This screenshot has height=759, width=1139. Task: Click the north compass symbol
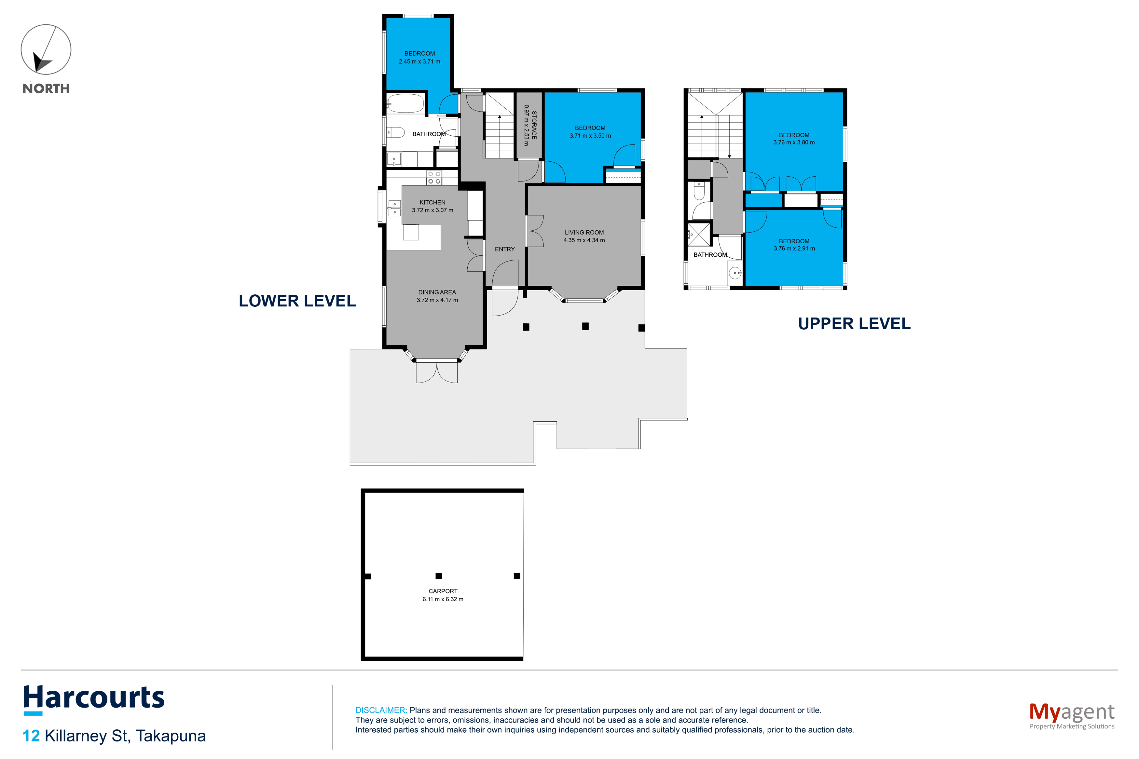tap(46, 50)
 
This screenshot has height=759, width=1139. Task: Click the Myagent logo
tap(1072, 715)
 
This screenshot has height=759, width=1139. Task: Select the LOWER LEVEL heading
tap(297, 301)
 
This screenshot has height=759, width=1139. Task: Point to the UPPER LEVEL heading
tap(854, 323)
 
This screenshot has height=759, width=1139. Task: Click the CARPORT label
tap(443, 591)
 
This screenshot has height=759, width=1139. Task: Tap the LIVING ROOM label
tap(584, 232)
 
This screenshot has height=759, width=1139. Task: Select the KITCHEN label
tap(432, 202)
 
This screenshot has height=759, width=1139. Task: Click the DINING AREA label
tap(437, 292)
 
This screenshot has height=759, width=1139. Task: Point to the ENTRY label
tap(505, 249)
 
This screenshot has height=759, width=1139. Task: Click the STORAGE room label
tap(534, 125)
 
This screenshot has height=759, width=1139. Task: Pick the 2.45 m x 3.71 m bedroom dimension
tap(420, 61)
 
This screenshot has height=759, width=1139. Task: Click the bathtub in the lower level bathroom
tap(405, 103)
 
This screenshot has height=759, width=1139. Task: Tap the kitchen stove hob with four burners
tap(434, 178)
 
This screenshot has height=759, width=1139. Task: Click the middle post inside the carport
tap(439, 576)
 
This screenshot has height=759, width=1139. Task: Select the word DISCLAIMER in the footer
tap(381, 710)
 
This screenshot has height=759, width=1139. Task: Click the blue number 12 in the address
tap(32, 736)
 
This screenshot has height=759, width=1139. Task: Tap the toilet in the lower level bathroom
tap(395, 132)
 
